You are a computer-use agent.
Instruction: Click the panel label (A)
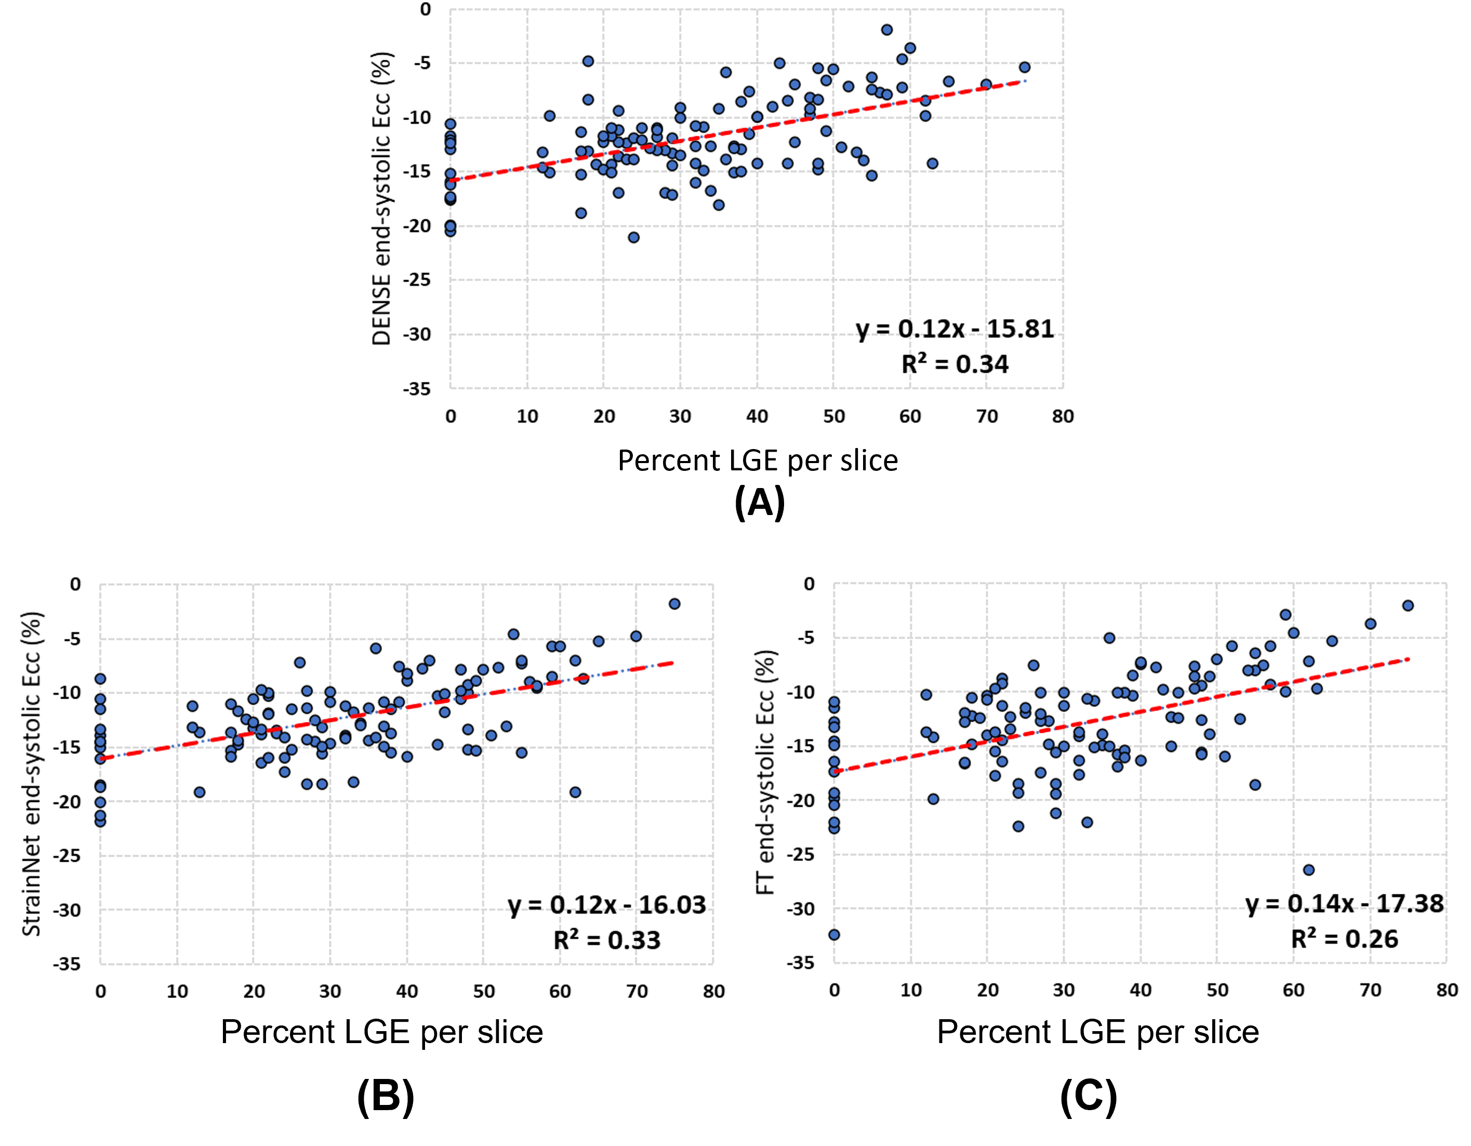[x=759, y=503]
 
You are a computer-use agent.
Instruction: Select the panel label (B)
[x=385, y=1096]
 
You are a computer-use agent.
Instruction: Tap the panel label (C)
[x=1089, y=1096]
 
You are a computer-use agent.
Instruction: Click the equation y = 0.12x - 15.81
[x=955, y=329]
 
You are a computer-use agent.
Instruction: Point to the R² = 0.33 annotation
[x=607, y=940]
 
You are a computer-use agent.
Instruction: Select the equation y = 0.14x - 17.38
[x=1344, y=903]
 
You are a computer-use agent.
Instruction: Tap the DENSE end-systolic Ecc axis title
[x=381, y=199]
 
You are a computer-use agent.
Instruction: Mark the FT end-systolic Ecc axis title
[x=766, y=772]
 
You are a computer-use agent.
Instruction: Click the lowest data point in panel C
[x=834, y=934]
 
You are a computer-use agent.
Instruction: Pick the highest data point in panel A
[x=887, y=30]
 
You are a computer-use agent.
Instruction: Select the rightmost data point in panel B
[x=674, y=603]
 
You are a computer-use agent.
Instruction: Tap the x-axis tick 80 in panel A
[x=1063, y=416]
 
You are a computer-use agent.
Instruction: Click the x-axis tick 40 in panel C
[x=1141, y=991]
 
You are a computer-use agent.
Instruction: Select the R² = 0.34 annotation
[x=955, y=364]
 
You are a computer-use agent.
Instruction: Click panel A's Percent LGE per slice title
[x=758, y=461]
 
